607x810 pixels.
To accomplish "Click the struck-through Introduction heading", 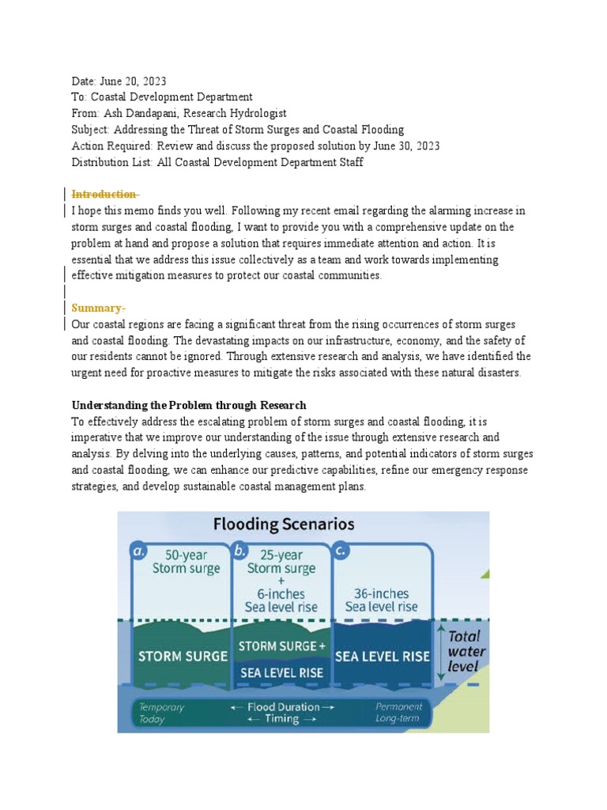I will [x=105, y=195].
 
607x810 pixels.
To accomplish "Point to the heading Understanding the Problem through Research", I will [x=189, y=405].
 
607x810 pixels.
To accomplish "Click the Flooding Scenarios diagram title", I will [x=284, y=524].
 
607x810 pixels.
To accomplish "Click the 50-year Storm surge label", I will [x=187, y=562].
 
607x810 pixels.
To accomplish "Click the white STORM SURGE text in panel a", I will [x=183, y=656].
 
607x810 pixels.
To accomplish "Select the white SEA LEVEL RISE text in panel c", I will [x=383, y=656].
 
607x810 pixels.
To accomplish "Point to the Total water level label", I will [x=467, y=650].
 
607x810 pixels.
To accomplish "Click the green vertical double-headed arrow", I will [x=440, y=650].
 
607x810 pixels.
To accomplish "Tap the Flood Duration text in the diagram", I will [x=282, y=706].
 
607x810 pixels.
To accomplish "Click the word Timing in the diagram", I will [x=282, y=719].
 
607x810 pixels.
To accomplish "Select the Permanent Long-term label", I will [x=398, y=713].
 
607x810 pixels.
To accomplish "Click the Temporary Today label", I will [x=162, y=713].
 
